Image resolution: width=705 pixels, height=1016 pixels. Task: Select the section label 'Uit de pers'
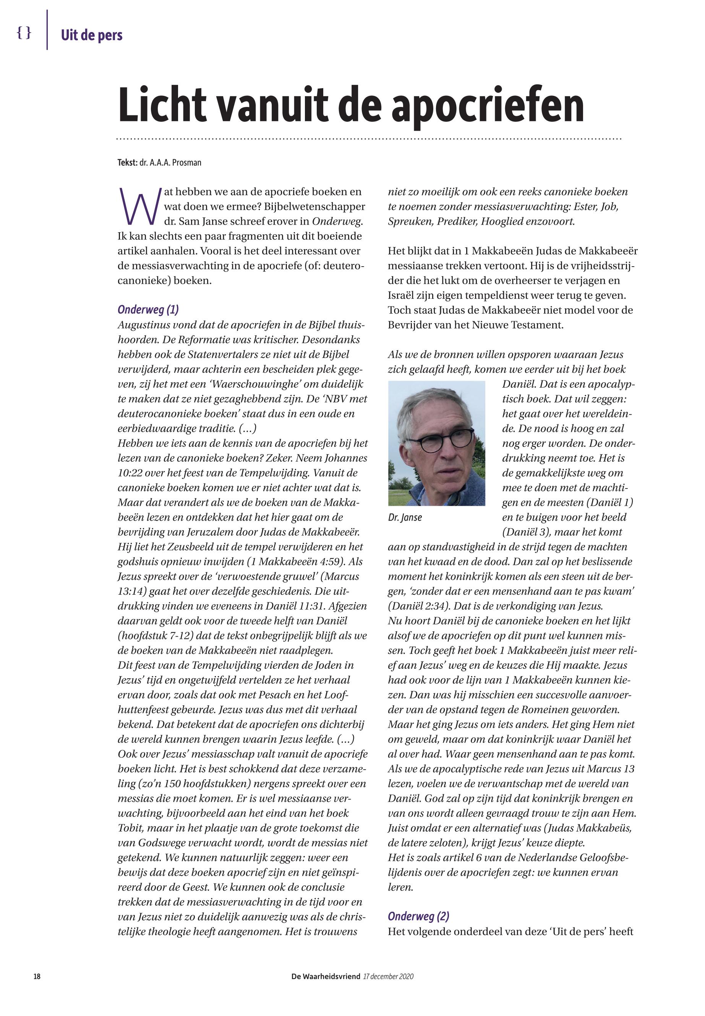point(91,35)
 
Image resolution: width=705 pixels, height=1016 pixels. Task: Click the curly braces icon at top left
point(24,33)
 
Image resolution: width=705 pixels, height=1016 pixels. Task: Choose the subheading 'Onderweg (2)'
point(418,916)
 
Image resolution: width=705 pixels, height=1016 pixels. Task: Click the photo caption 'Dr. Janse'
point(405,518)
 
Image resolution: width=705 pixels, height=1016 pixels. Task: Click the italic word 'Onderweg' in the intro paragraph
point(337,221)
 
